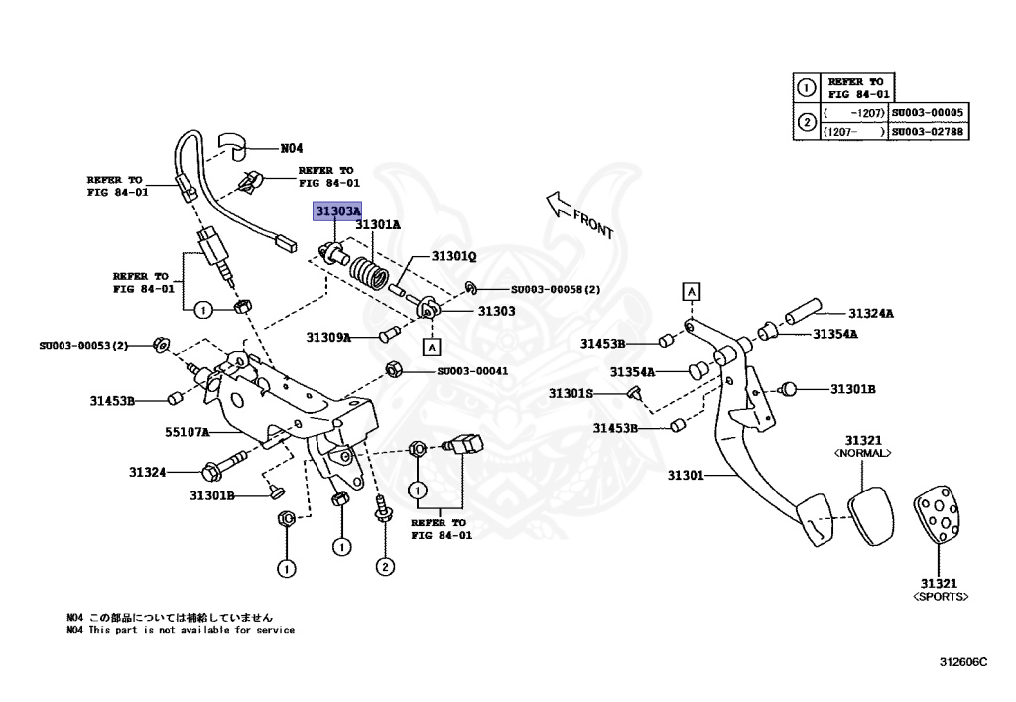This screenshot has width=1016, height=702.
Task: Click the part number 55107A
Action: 188,432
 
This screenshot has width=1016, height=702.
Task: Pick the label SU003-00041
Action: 472,371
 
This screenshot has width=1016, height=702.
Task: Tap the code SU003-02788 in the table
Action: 929,131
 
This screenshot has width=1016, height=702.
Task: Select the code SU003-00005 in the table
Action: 929,113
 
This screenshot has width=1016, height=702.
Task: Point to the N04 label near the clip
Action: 291,148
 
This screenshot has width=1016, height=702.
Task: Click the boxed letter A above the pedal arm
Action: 690,290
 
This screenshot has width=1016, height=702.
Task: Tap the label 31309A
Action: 328,338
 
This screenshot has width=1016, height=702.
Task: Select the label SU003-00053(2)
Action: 84,345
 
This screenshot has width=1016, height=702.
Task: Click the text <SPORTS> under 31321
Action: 940,597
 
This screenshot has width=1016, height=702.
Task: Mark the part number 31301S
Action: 571,394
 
